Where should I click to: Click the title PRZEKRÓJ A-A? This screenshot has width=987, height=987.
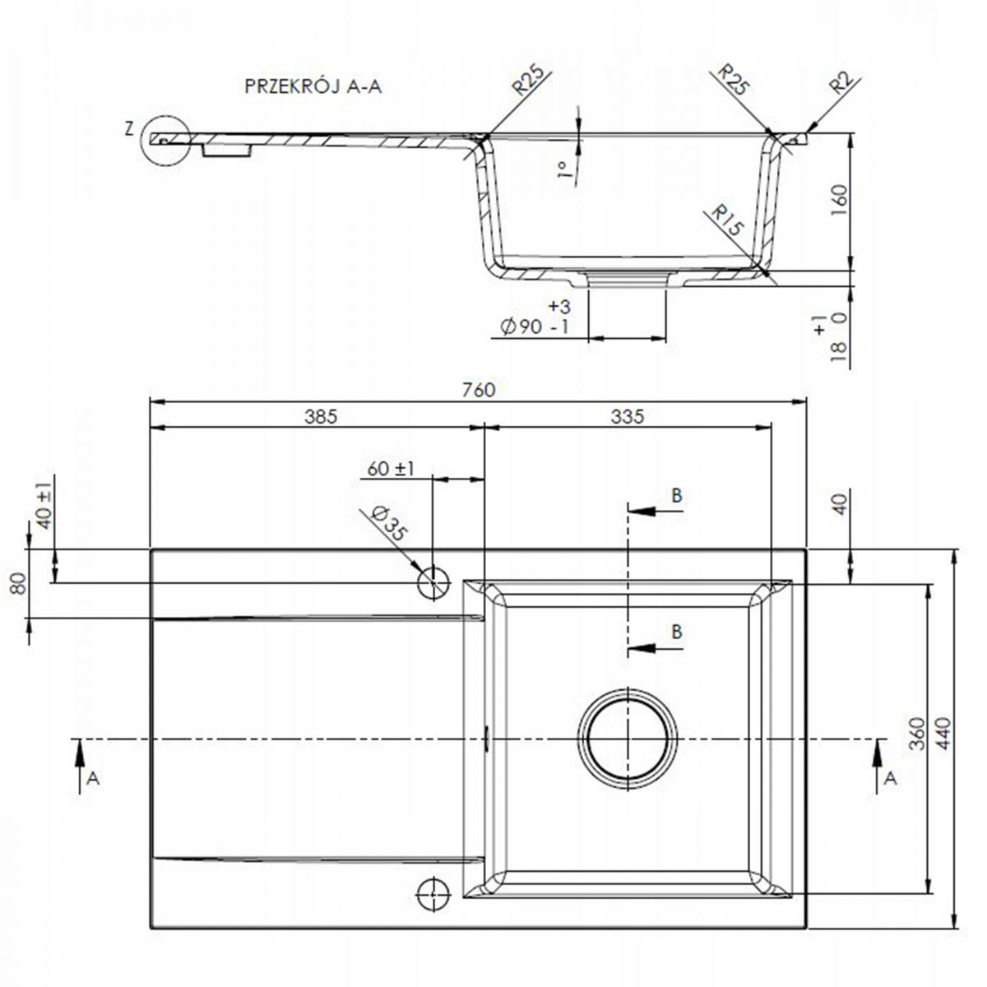pos(313,87)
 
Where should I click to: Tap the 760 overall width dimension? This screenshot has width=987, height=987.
pos(479,390)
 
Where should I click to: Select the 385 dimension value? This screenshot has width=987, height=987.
pos(321,417)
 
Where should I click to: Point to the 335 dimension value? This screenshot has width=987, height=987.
pos(628,417)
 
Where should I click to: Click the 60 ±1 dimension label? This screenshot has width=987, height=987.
pos(391,469)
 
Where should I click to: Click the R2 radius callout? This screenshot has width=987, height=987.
pos(843,85)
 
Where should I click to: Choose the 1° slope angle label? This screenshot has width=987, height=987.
pos(563,170)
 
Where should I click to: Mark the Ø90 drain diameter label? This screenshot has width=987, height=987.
pos(535,327)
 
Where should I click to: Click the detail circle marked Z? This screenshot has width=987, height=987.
pos(165,140)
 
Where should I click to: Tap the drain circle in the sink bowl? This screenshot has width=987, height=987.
pos(628,737)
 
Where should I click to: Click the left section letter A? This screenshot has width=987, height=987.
pos(93,778)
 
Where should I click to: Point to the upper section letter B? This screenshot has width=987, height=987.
pos(676,495)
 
